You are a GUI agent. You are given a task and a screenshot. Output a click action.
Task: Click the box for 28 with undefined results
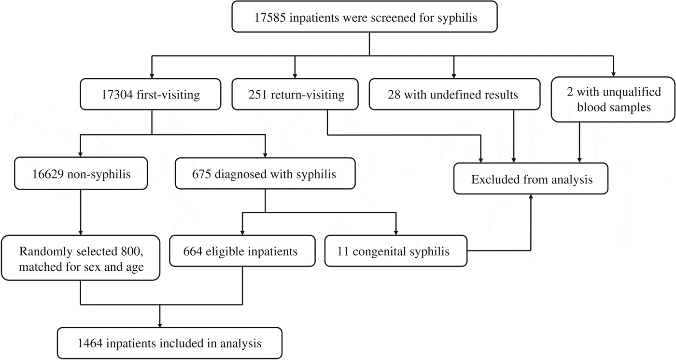tap(453, 95)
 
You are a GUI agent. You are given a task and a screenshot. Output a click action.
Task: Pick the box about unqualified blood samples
tap(613, 99)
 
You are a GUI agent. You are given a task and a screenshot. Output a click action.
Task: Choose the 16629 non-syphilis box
tap(80, 174)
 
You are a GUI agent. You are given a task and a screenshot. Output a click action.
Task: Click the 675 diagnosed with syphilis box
tap(265, 174)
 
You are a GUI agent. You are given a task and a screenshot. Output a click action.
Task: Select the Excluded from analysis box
tap(531, 180)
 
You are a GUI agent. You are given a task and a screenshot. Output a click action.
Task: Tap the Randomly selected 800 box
tap(81, 258)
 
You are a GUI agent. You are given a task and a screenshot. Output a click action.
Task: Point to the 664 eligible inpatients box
tap(240, 251)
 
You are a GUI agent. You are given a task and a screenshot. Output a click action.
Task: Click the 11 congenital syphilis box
tap(396, 251)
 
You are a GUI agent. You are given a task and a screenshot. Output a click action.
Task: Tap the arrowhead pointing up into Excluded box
tap(531, 198)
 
